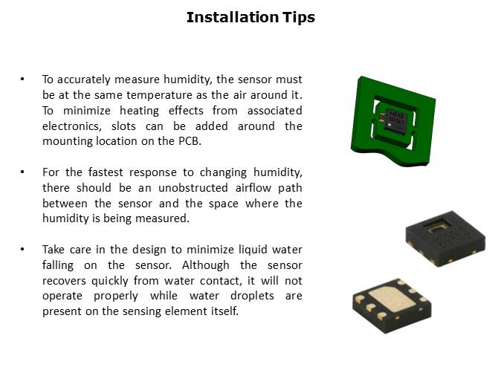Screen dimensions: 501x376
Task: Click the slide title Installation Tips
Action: (250, 17)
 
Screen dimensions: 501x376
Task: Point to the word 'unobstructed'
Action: (193, 187)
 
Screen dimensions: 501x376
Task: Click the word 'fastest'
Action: (106, 172)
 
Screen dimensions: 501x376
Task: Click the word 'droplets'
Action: (252, 296)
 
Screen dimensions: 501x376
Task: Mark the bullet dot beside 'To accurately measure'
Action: (22, 79)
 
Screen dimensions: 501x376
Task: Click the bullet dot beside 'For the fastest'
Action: (22, 172)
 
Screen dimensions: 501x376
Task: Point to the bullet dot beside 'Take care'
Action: (22, 249)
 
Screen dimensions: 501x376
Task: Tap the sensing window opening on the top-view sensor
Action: (436, 227)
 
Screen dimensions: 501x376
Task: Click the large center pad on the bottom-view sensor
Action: (392, 299)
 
